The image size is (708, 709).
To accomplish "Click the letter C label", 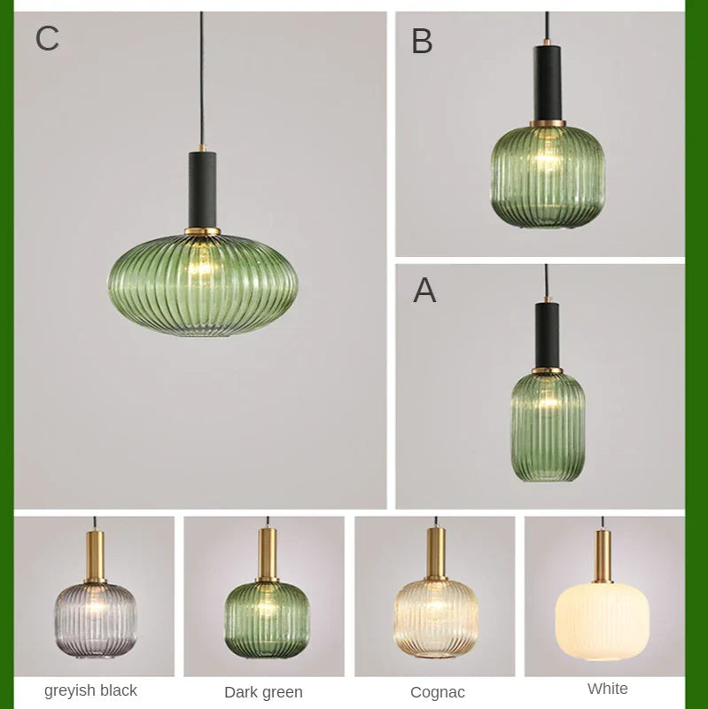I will click(47, 39).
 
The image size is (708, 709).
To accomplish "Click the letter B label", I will click(422, 42).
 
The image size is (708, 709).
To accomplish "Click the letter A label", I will click(424, 291).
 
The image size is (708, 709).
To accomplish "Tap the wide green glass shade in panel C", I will click(203, 284).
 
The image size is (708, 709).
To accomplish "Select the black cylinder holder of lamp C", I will click(203, 189).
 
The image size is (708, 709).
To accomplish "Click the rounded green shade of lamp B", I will click(548, 175).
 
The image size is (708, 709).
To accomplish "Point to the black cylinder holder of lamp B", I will click(548, 83).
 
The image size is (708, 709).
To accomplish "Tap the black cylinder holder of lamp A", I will click(547, 334).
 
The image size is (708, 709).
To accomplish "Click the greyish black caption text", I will click(90, 690).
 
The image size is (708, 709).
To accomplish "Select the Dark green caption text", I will click(263, 692).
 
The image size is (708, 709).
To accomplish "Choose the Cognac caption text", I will click(438, 692).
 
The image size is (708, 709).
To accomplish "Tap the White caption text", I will click(608, 689).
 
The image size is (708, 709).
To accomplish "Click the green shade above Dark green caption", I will click(266, 619).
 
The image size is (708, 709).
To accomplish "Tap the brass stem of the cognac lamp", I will click(436, 553).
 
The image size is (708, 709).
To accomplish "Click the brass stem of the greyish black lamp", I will click(95, 556).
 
